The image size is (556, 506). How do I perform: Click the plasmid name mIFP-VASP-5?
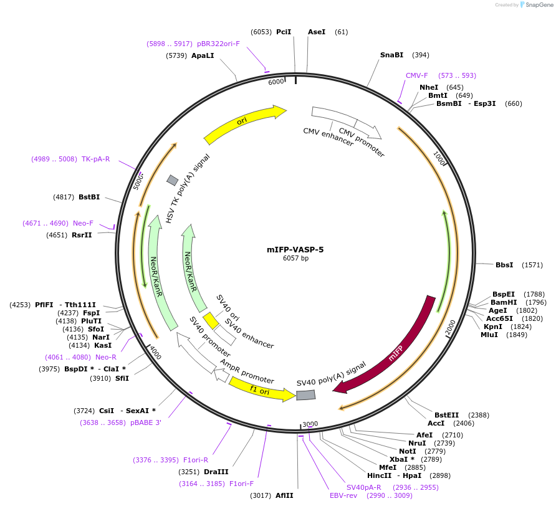(295, 249)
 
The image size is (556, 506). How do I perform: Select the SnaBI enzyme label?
(391, 55)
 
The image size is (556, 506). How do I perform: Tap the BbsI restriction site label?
(504, 265)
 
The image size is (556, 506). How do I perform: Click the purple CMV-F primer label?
(417, 75)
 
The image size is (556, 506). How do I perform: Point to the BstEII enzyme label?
(446, 415)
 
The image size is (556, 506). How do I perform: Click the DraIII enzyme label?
(216, 472)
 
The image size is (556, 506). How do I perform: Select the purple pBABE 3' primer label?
(145, 422)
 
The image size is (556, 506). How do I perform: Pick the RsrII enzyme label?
(82, 235)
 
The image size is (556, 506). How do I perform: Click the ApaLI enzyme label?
(203, 55)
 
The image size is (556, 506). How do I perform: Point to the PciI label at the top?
(284, 32)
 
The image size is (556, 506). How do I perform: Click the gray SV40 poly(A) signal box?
(305, 395)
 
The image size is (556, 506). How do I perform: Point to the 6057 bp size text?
(295, 258)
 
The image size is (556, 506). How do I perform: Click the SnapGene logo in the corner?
(537, 5)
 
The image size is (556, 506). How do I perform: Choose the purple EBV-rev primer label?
(343, 495)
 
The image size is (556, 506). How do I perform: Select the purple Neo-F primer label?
(83, 223)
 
